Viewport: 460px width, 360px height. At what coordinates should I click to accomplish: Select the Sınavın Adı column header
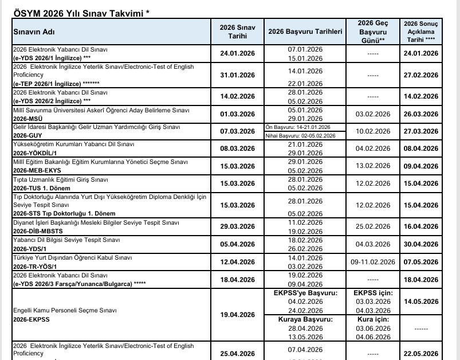[34, 32]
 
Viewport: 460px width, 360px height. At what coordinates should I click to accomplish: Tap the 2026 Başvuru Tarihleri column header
[305, 32]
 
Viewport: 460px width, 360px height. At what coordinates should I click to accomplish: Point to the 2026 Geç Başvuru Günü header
[373, 32]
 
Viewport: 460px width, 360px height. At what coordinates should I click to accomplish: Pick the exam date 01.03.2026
[237, 114]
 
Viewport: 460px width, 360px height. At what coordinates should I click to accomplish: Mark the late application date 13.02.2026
[373, 166]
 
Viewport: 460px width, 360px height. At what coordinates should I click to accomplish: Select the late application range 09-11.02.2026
[373, 262]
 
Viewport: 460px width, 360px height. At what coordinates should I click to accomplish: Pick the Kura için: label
[373, 319]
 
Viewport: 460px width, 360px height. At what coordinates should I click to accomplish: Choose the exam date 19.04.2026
[237, 314]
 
